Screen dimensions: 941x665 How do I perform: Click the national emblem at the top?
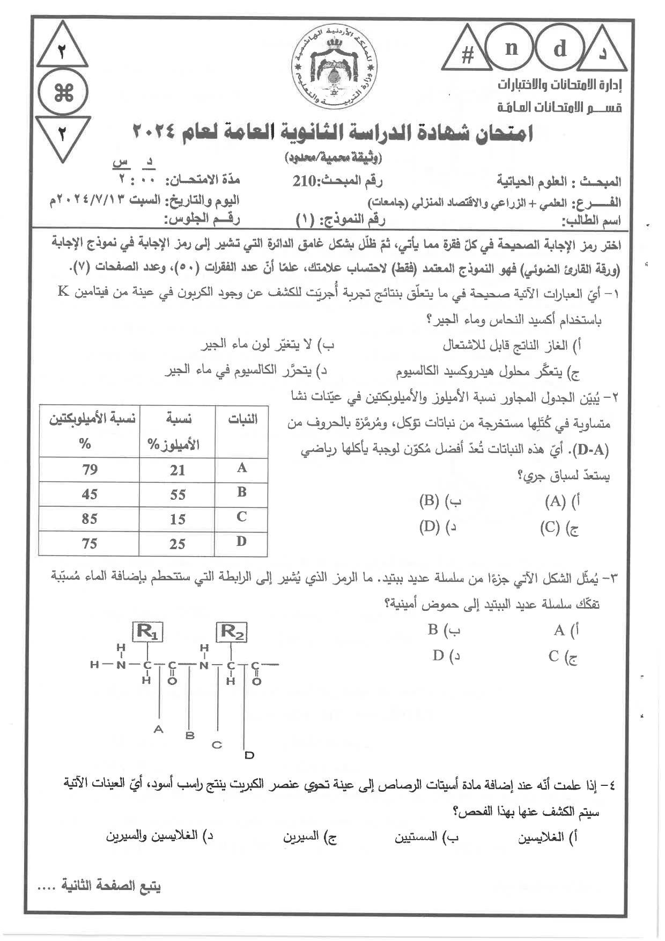(335, 65)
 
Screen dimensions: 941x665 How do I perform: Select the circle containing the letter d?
(559, 49)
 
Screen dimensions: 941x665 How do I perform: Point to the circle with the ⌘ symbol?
(63, 94)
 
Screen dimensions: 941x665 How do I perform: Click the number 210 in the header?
(305, 181)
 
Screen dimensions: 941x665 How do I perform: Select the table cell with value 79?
(90, 470)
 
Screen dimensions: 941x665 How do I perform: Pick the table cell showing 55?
(178, 494)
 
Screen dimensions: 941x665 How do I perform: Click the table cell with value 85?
(90, 519)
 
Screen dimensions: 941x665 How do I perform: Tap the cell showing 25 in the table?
(178, 544)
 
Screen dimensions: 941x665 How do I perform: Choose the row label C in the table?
(241, 517)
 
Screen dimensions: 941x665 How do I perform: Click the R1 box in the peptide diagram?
(147, 632)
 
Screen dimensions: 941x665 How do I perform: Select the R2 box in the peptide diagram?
(232, 632)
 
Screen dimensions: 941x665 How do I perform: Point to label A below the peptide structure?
(158, 729)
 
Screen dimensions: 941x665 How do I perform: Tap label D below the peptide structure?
(249, 755)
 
